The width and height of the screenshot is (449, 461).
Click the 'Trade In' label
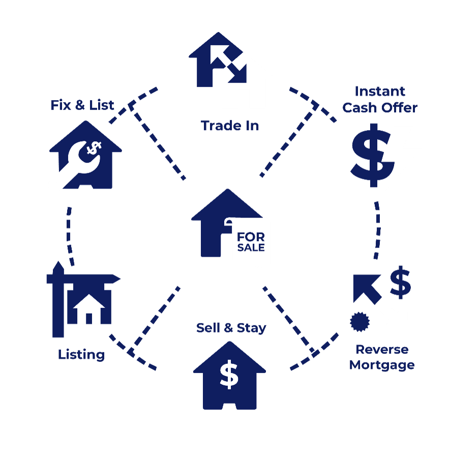click(x=230, y=126)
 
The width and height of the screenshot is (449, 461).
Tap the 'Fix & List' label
click(x=82, y=105)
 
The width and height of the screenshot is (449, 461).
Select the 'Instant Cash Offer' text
click(x=380, y=100)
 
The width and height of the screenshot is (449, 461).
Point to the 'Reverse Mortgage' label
click(x=382, y=357)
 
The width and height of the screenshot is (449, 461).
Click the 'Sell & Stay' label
click(x=231, y=328)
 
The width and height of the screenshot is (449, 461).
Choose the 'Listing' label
click(x=81, y=354)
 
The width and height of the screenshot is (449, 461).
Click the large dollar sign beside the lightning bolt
click(x=370, y=157)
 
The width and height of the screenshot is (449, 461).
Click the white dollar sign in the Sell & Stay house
click(x=229, y=375)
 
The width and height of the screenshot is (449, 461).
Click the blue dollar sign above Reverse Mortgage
click(x=400, y=283)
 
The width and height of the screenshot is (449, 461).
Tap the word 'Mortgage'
click(x=382, y=365)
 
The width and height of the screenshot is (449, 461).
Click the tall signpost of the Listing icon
click(x=58, y=305)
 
